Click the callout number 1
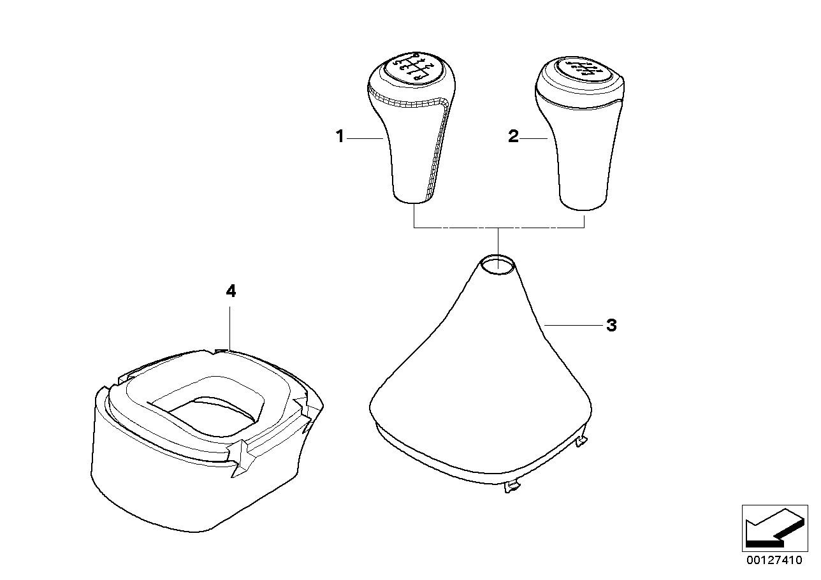point(340,136)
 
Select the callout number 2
point(514,136)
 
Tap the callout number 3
point(611,326)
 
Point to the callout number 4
point(231,291)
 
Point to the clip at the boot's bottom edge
point(511,487)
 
